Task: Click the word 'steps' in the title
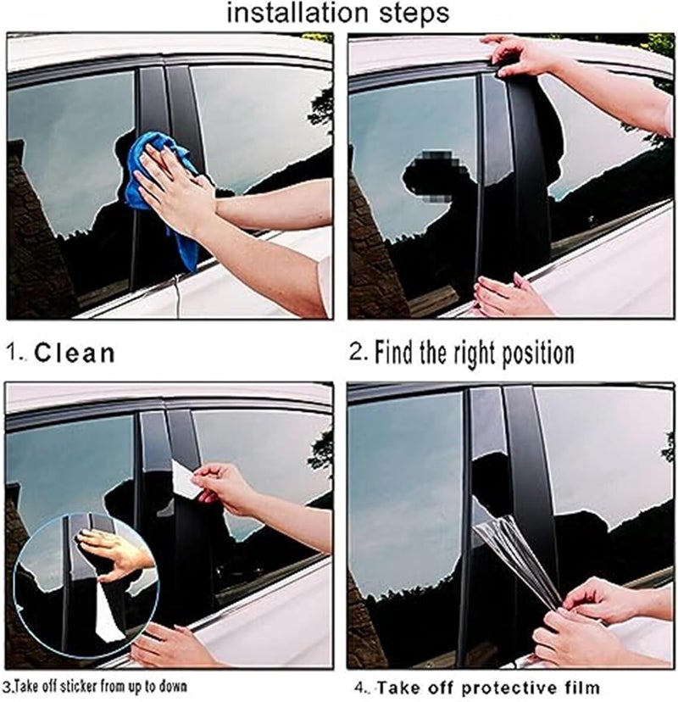coord(410,15)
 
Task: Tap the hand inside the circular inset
coord(114,551)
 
